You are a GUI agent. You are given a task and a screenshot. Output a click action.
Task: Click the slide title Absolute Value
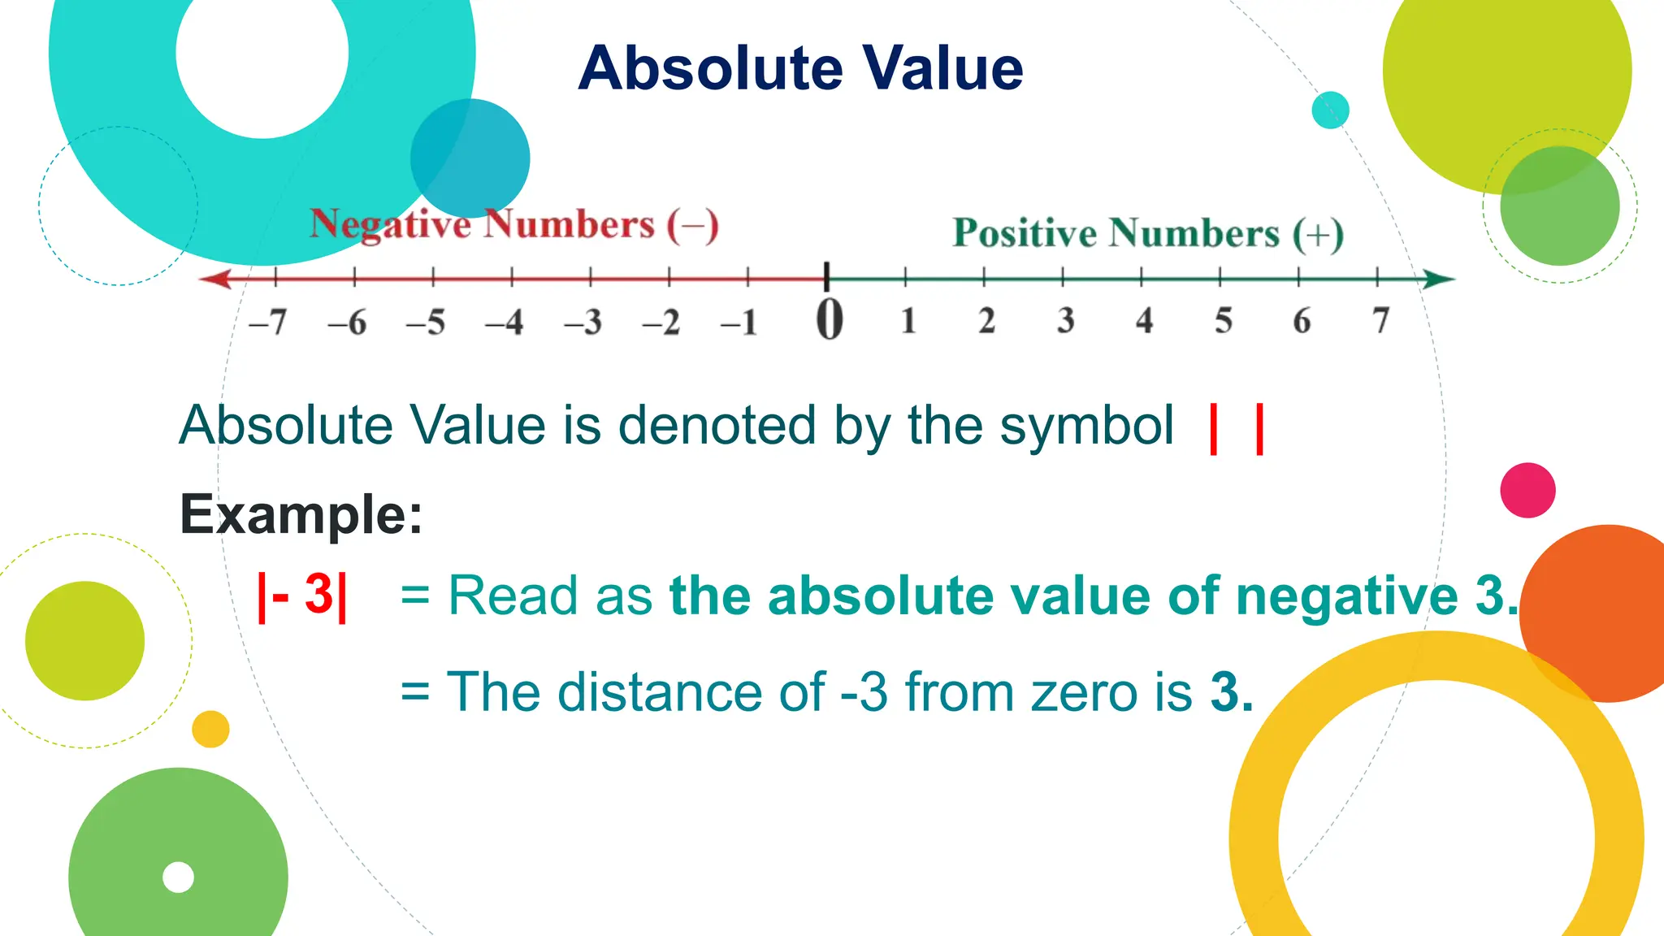(800, 68)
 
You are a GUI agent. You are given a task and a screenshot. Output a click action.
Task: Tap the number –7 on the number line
(268, 323)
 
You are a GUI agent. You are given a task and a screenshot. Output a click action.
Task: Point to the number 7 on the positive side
(1380, 320)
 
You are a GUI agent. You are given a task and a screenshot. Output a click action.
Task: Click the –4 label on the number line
(504, 323)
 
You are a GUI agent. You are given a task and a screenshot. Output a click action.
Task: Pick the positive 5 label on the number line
(1223, 320)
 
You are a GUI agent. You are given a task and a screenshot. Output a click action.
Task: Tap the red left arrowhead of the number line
(216, 279)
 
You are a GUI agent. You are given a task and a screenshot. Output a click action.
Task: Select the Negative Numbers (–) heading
(513, 225)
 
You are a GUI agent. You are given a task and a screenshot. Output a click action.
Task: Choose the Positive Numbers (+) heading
(1148, 233)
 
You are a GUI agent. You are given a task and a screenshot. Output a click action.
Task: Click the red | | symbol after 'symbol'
(1237, 429)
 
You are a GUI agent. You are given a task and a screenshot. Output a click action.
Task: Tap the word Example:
(301, 513)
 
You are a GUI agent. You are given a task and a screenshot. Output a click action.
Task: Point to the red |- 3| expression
(302, 596)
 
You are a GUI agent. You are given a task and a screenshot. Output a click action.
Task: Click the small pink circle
(1527, 490)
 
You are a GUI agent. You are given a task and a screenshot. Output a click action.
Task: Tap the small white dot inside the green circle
(178, 877)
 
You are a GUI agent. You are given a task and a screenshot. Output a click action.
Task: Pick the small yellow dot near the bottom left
(210, 729)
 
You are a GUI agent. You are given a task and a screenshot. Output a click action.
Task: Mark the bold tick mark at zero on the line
(826, 276)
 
